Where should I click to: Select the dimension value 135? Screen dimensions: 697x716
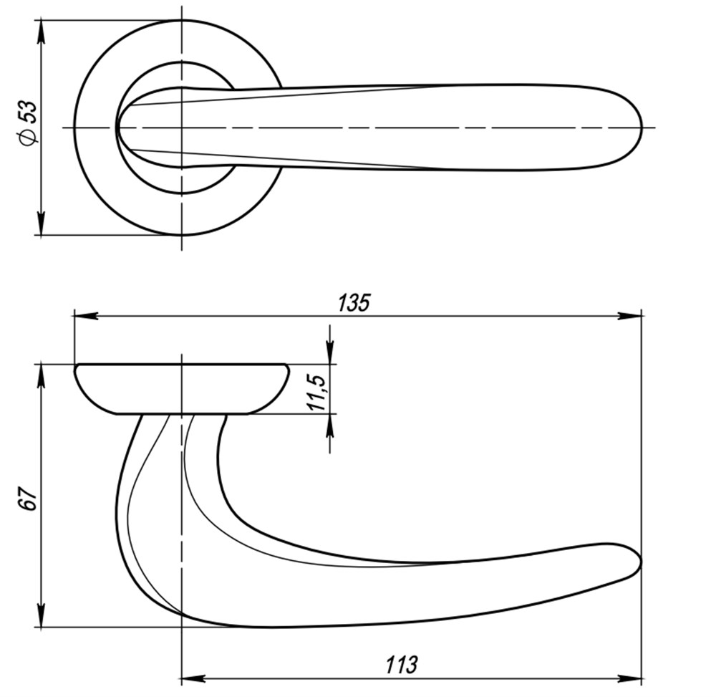tap(354, 303)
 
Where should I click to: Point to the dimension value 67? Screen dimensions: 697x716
tap(27, 499)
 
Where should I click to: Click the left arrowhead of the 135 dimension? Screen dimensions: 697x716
tap(84, 316)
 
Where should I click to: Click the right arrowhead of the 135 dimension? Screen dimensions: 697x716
tap(632, 316)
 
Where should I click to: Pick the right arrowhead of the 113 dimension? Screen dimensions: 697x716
tap(632, 678)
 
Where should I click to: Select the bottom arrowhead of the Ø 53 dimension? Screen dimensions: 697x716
tap(41, 224)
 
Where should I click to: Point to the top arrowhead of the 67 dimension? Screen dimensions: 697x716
tap(41, 375)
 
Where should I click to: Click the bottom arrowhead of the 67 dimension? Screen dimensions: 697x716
tap(41, 617)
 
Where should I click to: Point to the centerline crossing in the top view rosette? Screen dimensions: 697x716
tap(182, 128)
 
